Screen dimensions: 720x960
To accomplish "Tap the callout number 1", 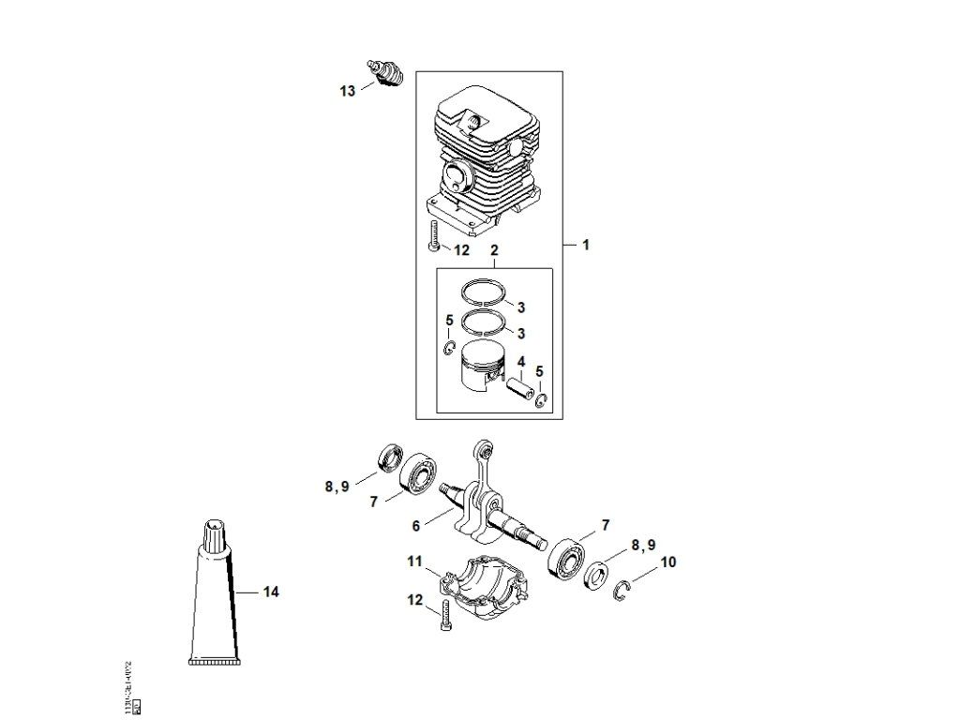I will click(x=585, y=245).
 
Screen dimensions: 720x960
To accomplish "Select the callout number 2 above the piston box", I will click(x=494, y=250).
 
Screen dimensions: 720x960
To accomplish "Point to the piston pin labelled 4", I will click(x=519, y=385).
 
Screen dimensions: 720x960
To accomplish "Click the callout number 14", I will click(x=271, y=592).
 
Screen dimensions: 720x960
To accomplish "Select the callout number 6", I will click(x=415, y=527).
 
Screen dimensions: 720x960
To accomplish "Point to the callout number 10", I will click(x=668, y=562).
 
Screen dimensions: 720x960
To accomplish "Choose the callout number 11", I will click(x=415, y=561).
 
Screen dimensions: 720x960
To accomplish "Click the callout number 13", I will click(x=348, y=91).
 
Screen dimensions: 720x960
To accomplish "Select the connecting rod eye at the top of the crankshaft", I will click(x=484, y=447).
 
